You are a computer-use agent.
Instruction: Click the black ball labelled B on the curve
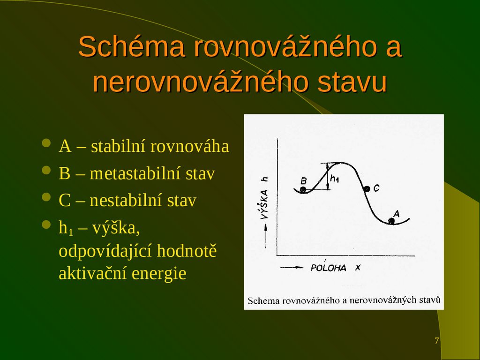point(303,190)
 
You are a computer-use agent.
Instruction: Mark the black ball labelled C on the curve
point(367,188)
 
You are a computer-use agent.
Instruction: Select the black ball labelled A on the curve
point(391,221)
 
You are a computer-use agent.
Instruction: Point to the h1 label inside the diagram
point(335,179)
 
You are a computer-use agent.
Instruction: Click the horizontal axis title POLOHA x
point(335,268)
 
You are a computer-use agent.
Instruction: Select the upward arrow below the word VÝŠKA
point(266,232)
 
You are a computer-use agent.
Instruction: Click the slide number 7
point(437,341)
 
